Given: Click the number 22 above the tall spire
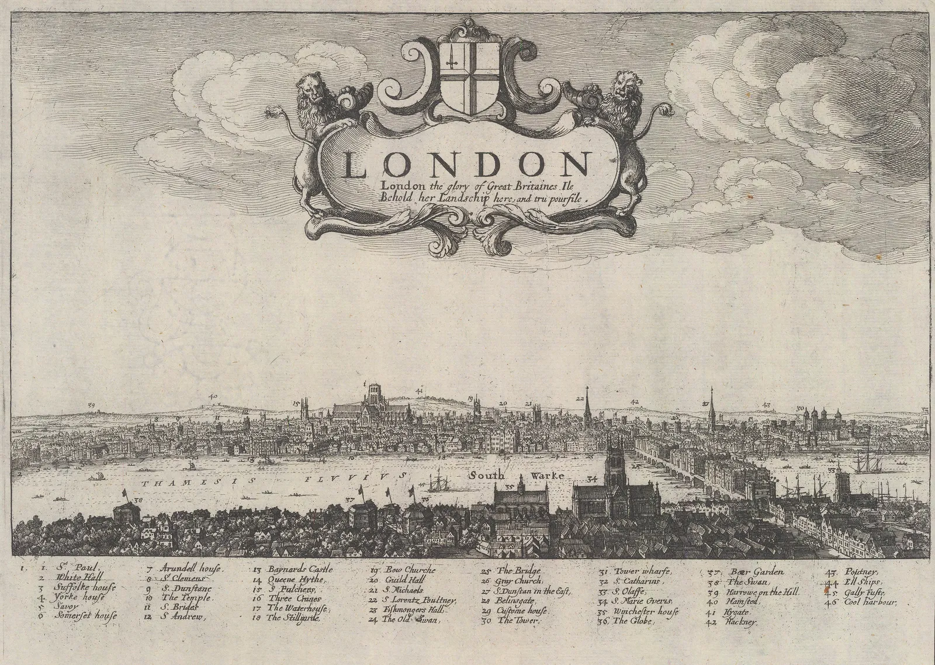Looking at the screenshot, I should point(580,399).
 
